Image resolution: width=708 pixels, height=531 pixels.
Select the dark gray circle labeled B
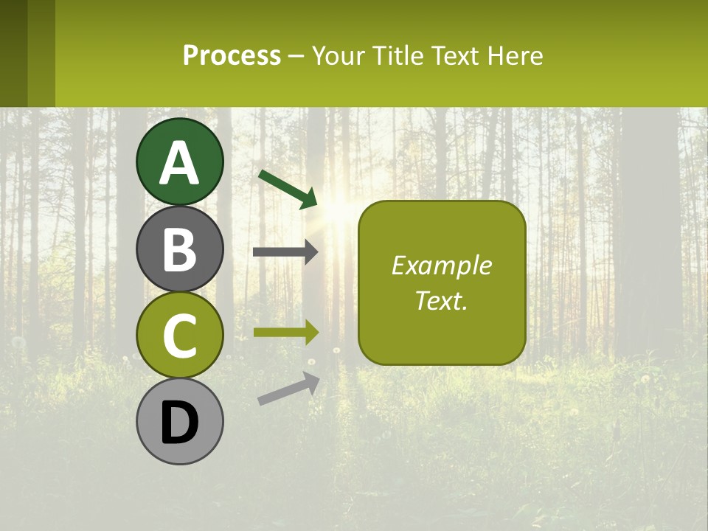point(180,249)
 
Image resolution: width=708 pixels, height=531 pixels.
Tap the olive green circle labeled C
point(180,336)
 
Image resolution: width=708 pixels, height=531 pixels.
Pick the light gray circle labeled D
point(180,422)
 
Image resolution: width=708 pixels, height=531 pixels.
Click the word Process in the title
point(232,55)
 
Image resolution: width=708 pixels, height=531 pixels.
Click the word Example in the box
point(441,265)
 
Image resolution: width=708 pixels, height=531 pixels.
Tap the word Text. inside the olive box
point(441,300)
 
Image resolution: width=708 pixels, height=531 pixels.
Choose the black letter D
point(180,423)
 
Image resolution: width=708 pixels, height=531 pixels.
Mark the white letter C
point(180,336)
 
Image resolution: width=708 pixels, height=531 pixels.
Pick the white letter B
point(180,249)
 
